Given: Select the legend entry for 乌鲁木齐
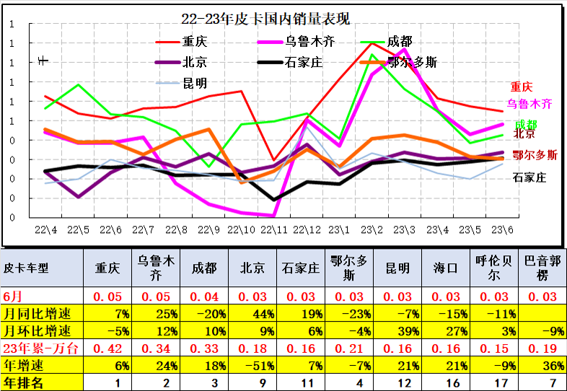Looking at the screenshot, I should click(320, 41).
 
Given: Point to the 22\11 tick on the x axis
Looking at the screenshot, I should click(273, 230).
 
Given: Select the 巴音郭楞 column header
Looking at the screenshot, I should click(542, 268).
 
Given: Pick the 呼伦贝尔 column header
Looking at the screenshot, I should click(493, 268).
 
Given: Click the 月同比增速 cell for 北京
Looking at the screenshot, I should click(255, 313).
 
